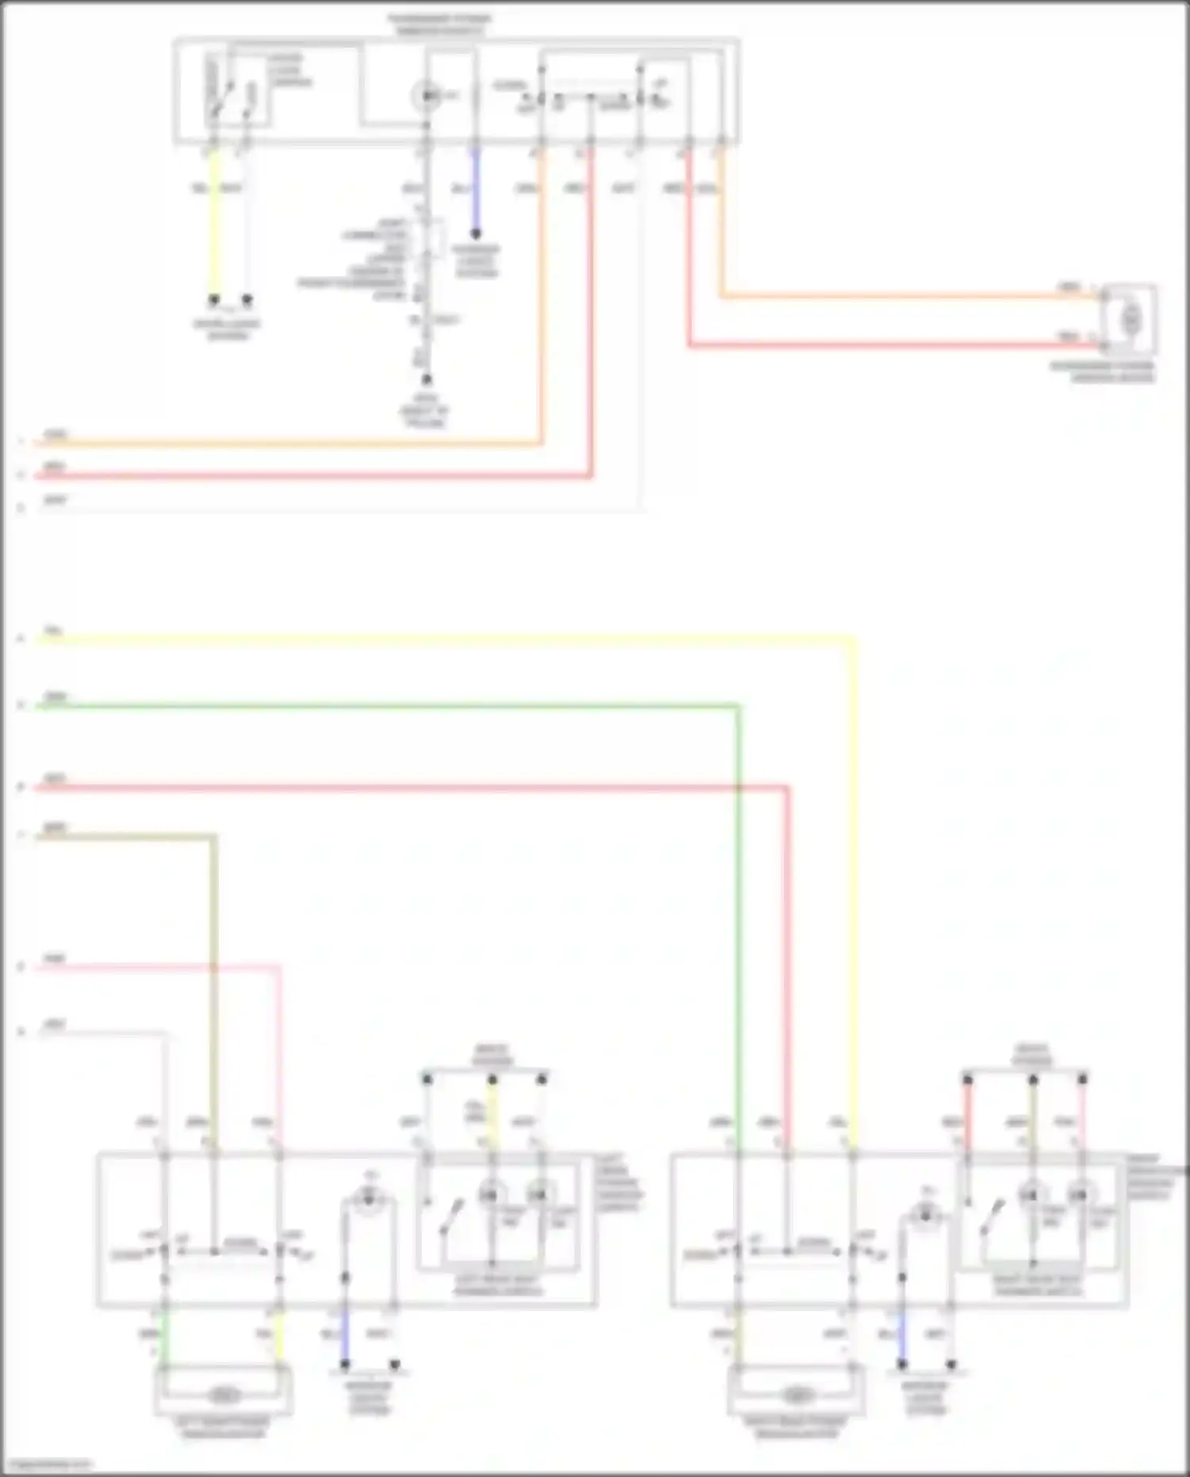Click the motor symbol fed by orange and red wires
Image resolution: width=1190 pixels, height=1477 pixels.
click(1130, 319)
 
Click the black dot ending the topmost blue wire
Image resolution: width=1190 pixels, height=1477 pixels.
click(476, 234)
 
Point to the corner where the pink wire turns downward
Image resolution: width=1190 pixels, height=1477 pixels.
click(278, 967)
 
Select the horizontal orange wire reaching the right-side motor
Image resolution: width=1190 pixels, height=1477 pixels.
click(904, 298)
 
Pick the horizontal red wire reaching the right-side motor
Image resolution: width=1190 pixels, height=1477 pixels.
click(889, 345)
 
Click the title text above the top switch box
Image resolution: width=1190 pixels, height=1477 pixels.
click(439, 24)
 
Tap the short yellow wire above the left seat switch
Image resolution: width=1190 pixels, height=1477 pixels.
click(492, 1115)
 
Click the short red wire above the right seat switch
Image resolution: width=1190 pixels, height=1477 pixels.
click(967, 1111)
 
